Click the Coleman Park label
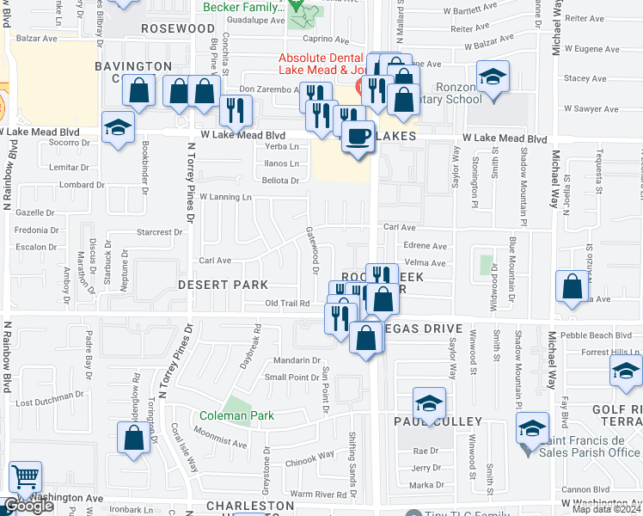(236, 415)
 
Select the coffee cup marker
(358, 135)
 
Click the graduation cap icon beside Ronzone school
(493, 78)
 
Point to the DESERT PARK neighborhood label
(224, 285)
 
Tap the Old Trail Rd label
(287, 304)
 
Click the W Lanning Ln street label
(225, 197)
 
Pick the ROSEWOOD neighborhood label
(177, 28)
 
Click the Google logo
(29, 506)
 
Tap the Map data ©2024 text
(605, 509)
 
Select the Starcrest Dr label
(160, 231)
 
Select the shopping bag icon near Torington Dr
(134, 438)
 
